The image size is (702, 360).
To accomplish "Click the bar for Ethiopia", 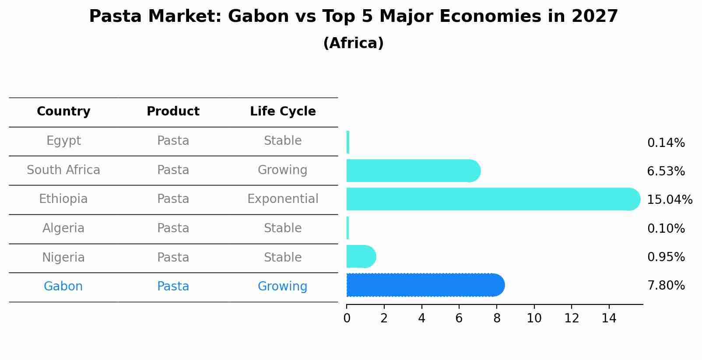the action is click(493, 199).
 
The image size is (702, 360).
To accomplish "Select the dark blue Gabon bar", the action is click(425, 285).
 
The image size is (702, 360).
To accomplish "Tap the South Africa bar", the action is click(414, 171).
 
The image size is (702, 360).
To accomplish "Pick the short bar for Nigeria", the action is click(362, 256).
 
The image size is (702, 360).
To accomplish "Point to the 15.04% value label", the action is click(670, 199).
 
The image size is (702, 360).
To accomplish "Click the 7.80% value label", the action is click(666, 286).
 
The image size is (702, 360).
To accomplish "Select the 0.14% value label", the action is click(666, 143).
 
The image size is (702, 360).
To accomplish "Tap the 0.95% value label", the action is click(666, 257).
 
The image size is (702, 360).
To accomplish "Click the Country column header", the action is click(63, 112).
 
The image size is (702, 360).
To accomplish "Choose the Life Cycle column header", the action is click(283, 112).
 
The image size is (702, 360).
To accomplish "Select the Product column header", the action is click(173, 111).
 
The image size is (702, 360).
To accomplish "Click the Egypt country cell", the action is click(63, 141).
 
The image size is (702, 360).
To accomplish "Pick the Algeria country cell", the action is click(63, 228).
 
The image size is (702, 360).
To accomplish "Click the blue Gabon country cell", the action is click(63, 286).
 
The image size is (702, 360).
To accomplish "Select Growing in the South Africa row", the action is click(282, 170).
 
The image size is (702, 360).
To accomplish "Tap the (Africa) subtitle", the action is click(354, 43).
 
